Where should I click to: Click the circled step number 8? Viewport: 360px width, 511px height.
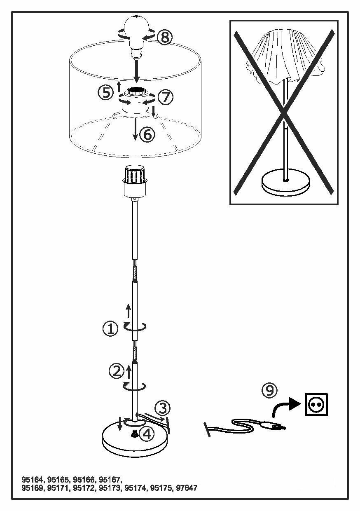point(164,37)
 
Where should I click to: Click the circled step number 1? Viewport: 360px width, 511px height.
point(110,329)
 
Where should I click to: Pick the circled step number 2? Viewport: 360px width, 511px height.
point(116,371)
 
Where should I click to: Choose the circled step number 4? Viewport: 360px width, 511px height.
point(147,433)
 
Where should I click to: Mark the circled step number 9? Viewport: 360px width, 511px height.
point(270,390)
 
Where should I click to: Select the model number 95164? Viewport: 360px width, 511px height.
point(33,480)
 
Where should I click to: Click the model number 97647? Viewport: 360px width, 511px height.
point(187,488)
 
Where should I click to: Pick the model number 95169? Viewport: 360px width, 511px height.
point(33,488)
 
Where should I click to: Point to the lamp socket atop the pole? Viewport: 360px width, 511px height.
point(136,181)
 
